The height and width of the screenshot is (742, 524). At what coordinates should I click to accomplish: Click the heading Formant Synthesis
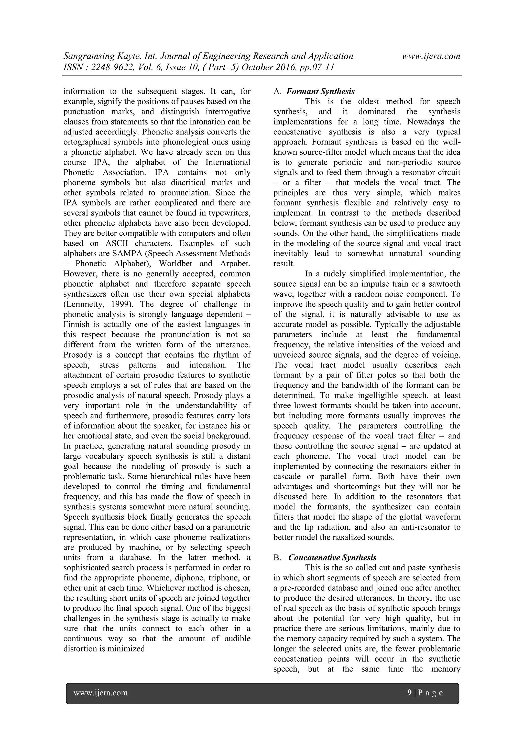pyautogui.click(x=320, y=91)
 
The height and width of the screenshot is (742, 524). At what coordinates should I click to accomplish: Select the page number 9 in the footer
pyautogui.click(x=410, y=693)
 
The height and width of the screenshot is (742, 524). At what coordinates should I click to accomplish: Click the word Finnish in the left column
pyautogui.click(x=77, y=325)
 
